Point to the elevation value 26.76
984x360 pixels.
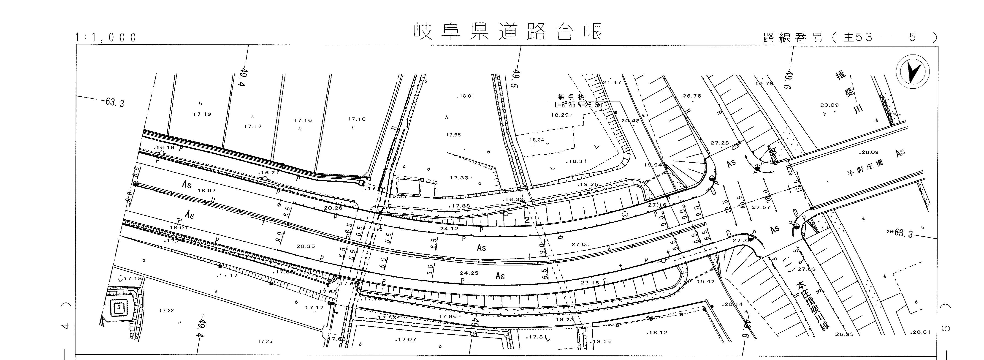click(x=692, y=96)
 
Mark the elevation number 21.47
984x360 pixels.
click(x=612, y=82)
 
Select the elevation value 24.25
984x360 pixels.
click(x=469, y=273)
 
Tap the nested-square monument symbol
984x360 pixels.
click(x=120, y=306)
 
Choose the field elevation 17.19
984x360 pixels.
click(x=202, y=114)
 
